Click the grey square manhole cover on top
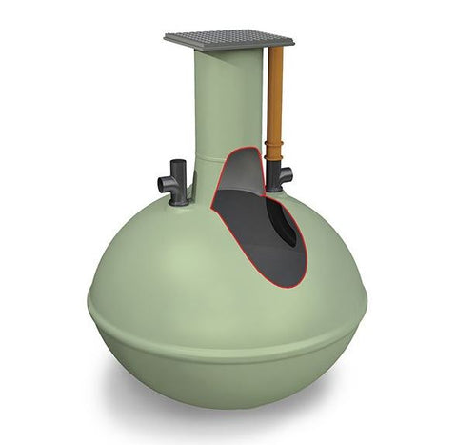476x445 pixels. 228,38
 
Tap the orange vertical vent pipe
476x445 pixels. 276,95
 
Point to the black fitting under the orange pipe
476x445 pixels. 279,174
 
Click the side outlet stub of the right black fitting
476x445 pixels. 288,174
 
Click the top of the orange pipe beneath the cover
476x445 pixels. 276,51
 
